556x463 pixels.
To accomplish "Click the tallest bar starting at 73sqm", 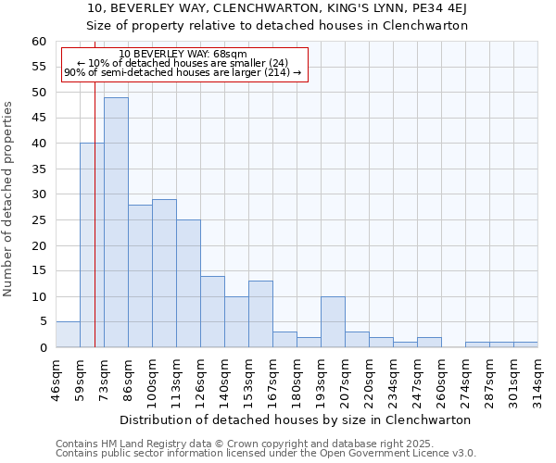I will tap(116, 222).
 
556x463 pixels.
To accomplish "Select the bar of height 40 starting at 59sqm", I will tap(92, 245).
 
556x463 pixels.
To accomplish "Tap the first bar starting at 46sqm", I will tap(68, 334).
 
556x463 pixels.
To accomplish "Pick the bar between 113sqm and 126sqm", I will tap(188, 283).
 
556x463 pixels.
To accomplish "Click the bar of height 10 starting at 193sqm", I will tap(333, 322).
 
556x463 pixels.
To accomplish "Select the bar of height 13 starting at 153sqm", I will tap(260, 314).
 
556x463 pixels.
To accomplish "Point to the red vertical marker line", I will tap(95, 231).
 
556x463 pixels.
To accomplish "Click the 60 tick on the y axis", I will tap(39, 42).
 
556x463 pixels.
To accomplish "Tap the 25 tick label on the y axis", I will tap(39, 220).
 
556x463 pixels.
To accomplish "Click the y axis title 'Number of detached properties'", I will tap(9, 199).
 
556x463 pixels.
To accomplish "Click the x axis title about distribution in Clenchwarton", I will tap(296, 419).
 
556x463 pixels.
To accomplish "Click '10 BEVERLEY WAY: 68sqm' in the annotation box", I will tap(183, 55).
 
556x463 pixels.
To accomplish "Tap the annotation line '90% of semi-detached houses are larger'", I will tap(183, 72).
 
